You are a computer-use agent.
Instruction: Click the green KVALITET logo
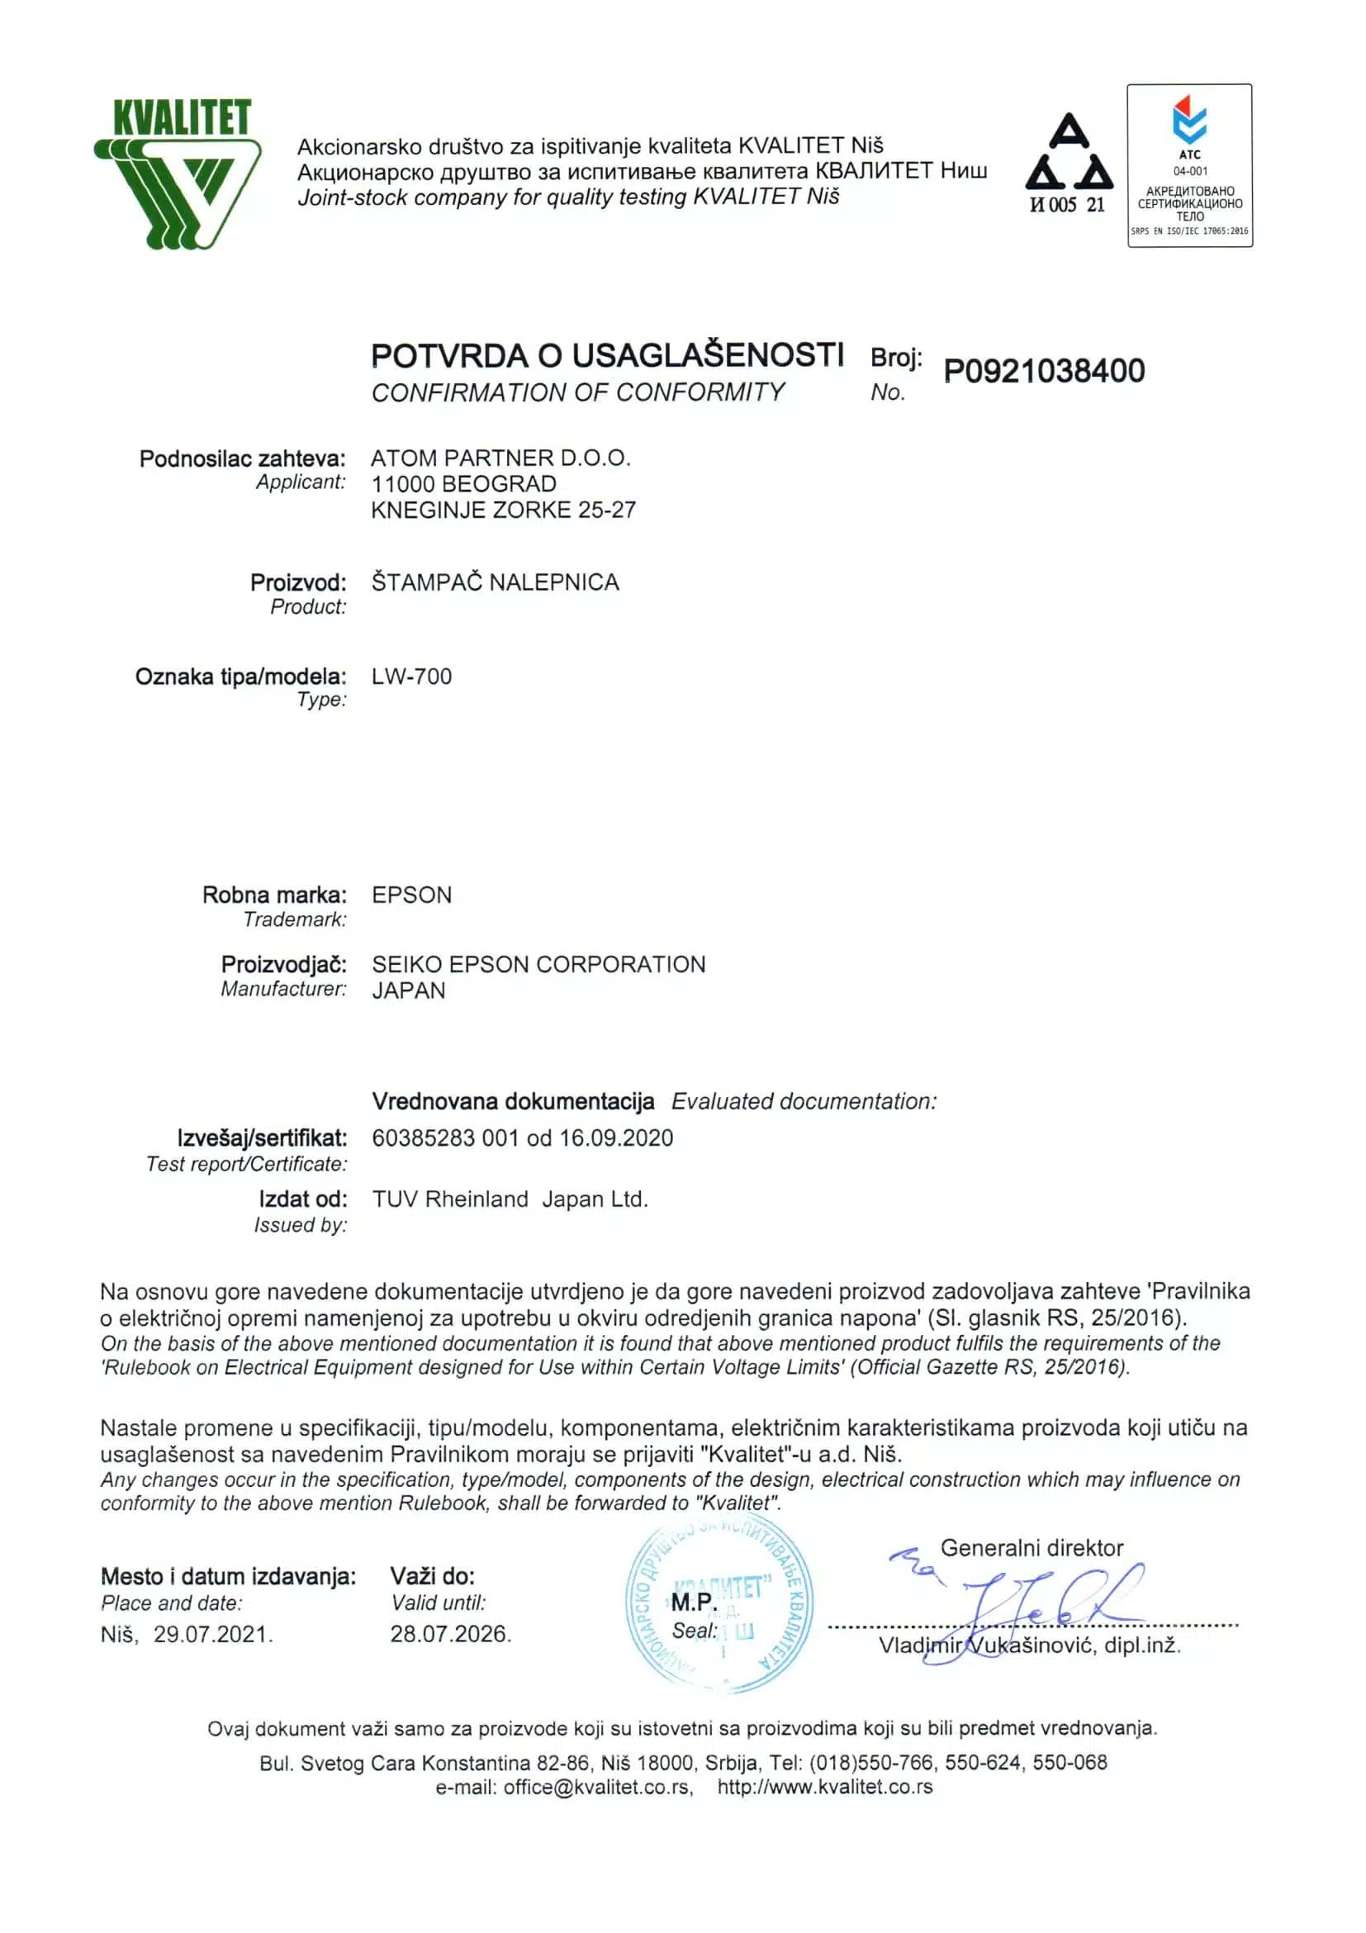[177, 173]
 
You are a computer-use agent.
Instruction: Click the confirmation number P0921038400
[1044, 371]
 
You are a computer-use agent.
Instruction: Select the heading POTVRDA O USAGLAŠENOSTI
[607, 355]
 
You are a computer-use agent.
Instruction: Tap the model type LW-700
[411, 676]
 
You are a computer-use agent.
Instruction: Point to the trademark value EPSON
[411, 894]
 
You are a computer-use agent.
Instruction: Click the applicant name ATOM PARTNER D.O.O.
[500, 458]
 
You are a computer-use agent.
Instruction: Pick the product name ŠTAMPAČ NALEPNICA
[495, 582]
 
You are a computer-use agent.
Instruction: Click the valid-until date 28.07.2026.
[450, 1634]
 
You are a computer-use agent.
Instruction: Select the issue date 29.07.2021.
[213, 1634]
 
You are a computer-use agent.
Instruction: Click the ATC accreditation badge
[1189, 165]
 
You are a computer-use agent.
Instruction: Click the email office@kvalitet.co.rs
[597, 1788]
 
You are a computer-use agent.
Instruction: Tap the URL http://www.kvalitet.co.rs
[825, 1788]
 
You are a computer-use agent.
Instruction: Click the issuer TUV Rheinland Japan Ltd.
[510, 1199]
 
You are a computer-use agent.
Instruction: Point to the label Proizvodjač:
[283, 964]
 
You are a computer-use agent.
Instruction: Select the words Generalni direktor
[1032, 1547]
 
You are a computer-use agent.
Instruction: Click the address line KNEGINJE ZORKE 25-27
[503, 510]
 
